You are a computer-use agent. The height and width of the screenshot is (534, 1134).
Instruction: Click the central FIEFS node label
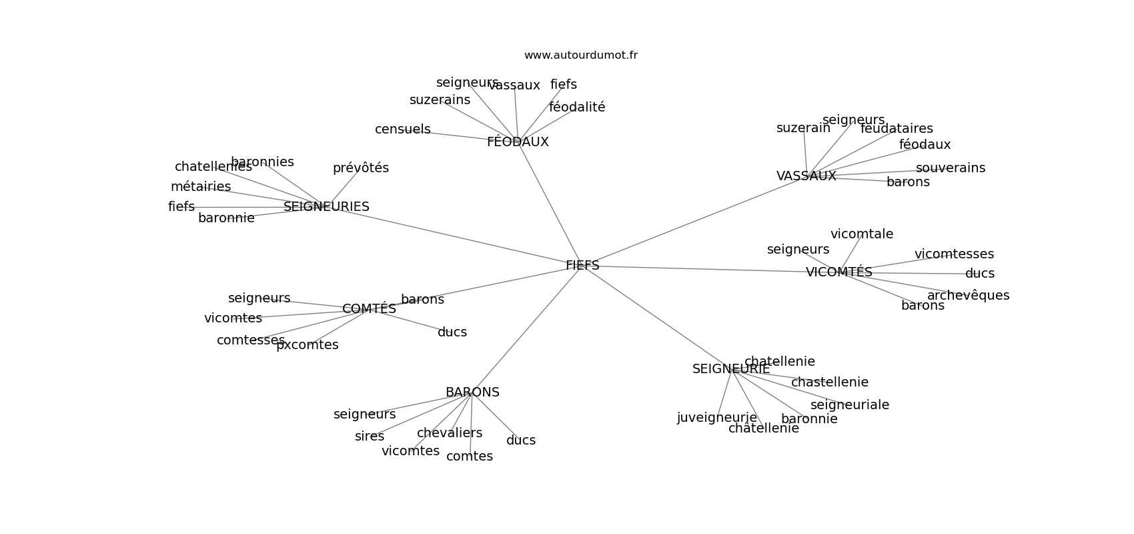[582, 266]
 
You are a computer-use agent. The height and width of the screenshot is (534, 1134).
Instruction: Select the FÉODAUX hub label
[518, 142]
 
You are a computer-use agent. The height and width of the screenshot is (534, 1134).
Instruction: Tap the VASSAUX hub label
[806, 176]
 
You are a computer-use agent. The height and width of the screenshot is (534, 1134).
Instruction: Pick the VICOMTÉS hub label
[838, 272]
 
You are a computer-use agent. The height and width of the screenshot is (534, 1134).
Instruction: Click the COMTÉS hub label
[369, 309]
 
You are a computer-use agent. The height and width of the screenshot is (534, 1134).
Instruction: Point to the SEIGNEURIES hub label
[326, 207]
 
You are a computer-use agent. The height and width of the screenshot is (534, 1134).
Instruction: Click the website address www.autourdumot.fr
[580, 55]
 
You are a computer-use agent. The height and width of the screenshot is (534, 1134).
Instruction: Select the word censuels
[402, 129]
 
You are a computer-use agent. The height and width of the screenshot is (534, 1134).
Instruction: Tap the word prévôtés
[360, 168]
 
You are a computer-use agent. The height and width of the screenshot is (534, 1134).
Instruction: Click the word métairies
[200, 187]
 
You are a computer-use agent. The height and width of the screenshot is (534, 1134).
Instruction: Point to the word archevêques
[968, 296]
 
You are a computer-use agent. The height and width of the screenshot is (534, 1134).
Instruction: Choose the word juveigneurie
[716, 418]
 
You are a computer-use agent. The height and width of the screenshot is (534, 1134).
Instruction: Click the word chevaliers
[449, 433]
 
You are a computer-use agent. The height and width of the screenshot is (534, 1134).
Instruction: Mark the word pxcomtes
[307, 345]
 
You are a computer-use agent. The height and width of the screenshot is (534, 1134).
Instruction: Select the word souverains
[950, 168]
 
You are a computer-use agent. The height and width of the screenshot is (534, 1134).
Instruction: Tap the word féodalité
[577, 107]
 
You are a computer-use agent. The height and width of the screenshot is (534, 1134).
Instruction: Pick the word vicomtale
[861, 234]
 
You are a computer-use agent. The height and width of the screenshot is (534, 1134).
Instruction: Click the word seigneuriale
[849, 405]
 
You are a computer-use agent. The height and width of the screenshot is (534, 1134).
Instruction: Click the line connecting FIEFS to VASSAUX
[694, 221]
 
